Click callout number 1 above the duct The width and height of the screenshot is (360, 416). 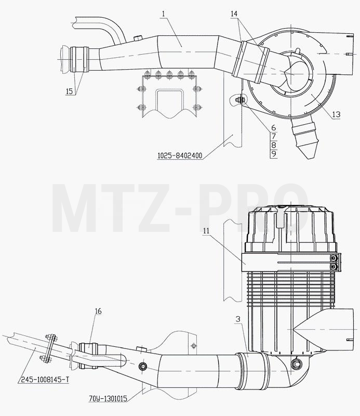163,14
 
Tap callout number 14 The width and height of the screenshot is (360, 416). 234,14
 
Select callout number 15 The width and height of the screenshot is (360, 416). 69,92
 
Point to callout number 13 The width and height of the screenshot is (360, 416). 336,114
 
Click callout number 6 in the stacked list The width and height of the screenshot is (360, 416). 274,128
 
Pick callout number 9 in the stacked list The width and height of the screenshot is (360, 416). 274,153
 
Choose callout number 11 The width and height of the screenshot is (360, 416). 206,231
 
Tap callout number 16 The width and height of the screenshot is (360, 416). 98,311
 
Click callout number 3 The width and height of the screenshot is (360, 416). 238,319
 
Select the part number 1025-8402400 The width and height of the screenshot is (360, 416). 180,155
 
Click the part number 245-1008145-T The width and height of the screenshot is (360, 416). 45,380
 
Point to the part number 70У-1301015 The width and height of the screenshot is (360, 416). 108,398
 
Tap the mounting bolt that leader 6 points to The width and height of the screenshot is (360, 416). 240,100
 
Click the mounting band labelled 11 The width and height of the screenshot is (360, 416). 291,263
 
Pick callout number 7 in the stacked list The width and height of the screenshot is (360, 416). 274,136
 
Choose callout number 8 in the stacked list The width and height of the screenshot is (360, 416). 274,145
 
